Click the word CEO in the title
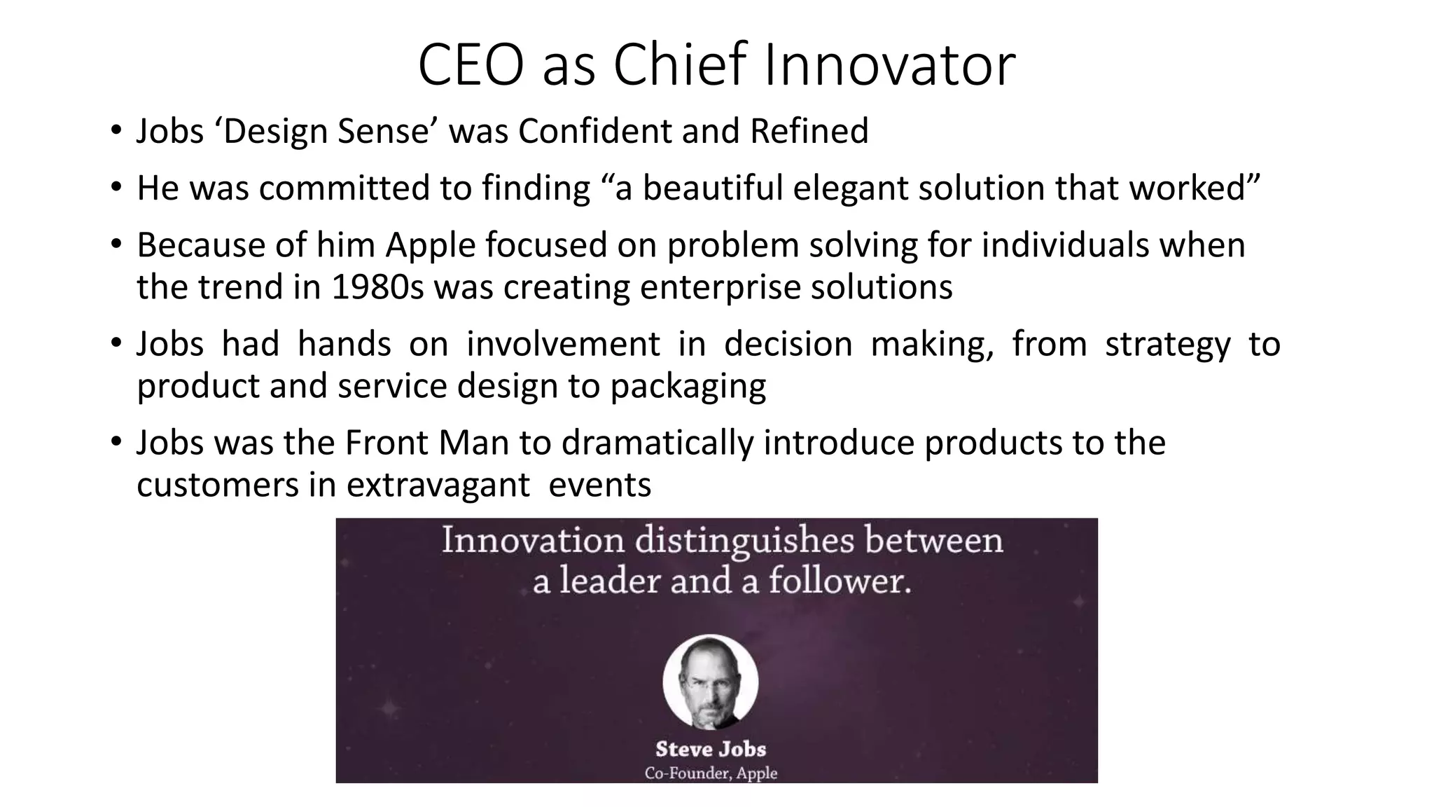point(470,65)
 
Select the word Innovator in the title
point(889,65)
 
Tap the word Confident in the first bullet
point(594,131)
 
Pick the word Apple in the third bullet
point(430,245)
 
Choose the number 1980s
point(377,287)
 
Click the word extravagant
point(438,485)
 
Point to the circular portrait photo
point(710,682)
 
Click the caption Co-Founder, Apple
point(711,773)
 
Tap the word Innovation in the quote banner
point(533,541)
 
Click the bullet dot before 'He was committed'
point(116,188)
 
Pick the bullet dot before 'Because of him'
point(116,245)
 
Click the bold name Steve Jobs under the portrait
point(711,749)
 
